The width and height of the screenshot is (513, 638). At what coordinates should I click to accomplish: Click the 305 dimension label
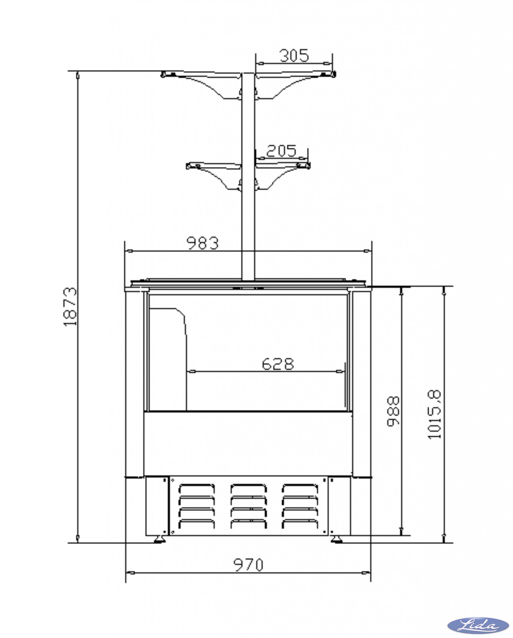tap(294, 55)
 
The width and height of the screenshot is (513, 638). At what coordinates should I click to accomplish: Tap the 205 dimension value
tap(281, 151)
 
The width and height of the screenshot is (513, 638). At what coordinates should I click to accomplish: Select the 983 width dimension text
tap(203, 243)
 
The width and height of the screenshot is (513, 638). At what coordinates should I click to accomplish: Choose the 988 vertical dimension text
tap(393, 411)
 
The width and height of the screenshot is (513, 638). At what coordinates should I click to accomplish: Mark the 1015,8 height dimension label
tap(435, 414)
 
